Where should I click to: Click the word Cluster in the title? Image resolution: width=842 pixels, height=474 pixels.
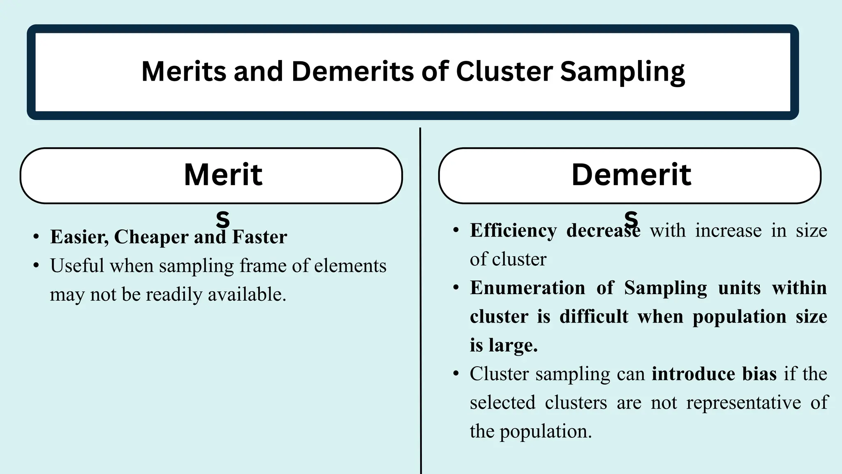[x=504, y=71]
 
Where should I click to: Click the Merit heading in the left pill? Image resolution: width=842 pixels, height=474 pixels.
[x=223, y=175]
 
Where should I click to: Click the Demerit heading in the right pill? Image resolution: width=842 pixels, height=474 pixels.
[x=631, y=175]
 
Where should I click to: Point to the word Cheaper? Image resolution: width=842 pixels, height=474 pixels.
[x=151, y=237]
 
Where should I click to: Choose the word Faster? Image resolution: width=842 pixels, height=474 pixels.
[x=259, y=237]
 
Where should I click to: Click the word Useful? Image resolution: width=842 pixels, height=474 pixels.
[x=77, y=266]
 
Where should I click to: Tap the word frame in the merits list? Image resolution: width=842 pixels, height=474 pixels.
[x=263, y=266]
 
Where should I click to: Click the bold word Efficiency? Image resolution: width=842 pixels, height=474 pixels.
[x=514, y=230]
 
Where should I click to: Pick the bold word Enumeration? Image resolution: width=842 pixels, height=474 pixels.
[x=527, y=288]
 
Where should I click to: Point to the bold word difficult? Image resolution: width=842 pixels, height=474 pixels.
[x=594, y=316]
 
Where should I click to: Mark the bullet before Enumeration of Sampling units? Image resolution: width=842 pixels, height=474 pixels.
[x=456, y=288]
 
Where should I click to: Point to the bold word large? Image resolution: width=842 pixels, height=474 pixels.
[x=513, y=345]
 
